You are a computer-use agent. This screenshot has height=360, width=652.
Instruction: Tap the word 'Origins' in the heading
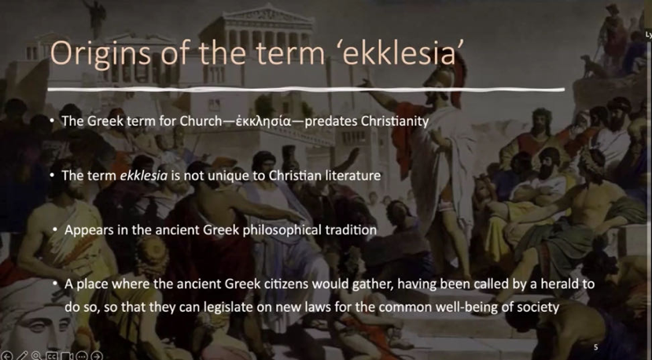(x=101, y=54)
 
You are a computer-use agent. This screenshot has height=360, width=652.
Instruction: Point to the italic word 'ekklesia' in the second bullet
(x=143, y=175)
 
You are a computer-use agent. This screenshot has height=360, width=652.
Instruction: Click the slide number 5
(x=596, y=347)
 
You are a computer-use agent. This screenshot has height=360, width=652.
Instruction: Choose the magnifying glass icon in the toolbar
(x=37, y=355)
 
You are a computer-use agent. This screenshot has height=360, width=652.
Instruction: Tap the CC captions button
(x=52, y=356)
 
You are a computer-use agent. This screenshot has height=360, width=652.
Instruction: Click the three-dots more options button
(x=82, y=356)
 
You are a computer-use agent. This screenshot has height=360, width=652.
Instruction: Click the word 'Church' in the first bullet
(x=201, y=121)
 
